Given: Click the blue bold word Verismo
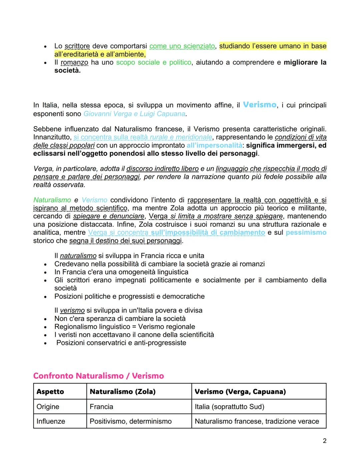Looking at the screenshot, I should (259, 105).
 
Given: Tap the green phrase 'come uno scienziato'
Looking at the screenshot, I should (182, 46).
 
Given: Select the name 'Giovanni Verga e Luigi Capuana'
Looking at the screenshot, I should (134, 114).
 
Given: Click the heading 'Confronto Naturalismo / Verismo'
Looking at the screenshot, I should (98, 376).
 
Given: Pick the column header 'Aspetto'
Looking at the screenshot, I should (50, 392).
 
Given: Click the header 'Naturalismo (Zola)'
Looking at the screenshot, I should (123, 392).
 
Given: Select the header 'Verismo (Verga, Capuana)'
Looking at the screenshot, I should (240, 392).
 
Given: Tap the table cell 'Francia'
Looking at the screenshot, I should (101, 407).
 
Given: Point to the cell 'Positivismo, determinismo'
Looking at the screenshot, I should (131, 421).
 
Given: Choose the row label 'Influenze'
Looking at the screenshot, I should (51, 421).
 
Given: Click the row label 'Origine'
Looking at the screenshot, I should (48, 407).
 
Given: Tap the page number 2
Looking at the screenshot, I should (324, 441).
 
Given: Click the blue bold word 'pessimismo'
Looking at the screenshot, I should (306, 232).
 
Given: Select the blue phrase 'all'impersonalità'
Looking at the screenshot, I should (214, 145).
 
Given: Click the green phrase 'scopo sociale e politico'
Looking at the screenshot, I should (154, 62).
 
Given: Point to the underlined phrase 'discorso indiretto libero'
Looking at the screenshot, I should (162, 169).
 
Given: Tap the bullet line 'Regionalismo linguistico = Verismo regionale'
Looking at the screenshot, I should (125, 327).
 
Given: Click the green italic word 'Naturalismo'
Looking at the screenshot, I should (52, 200).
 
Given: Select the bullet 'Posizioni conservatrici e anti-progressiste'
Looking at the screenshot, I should (121, 343).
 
